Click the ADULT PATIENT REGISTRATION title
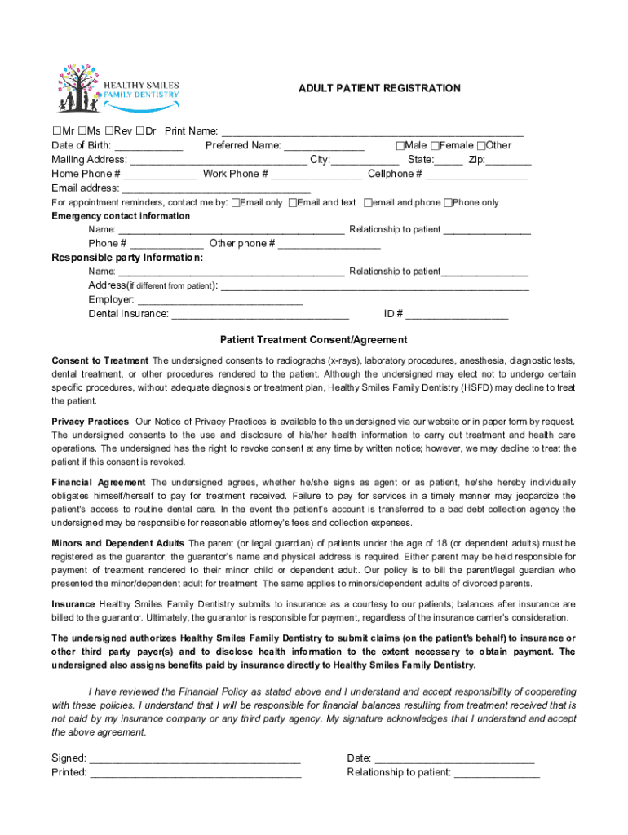click(378, 88)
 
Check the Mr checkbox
click(56, 131)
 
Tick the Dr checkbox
click(141, 131)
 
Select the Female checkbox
click(436, 146)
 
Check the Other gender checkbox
click(482, 146)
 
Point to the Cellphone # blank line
click(476, 175)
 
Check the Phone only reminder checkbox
click(448, 203)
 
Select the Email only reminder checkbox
click(237, 203)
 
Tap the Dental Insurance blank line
click(260, 314)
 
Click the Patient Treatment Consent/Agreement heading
click(314, 340)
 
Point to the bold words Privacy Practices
click(90, 422)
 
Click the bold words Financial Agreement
click(99, 483)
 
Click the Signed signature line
click(195, 759)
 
